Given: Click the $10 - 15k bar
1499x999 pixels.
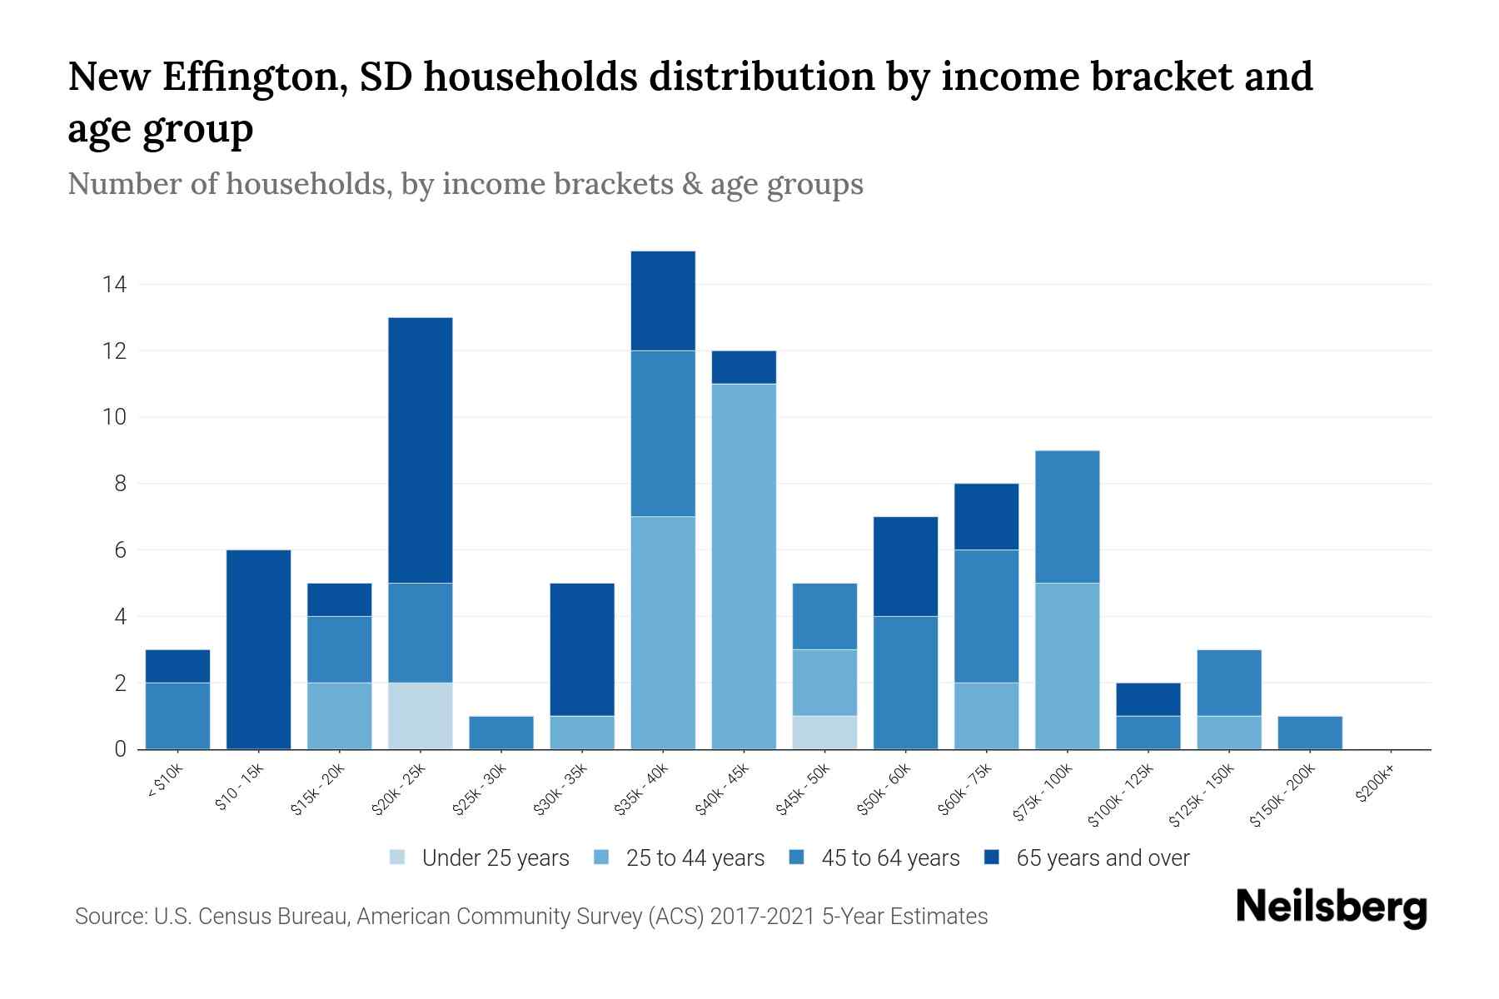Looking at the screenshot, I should (x=258, y=649).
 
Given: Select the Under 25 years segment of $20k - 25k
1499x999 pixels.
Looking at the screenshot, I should (x=420, y=716).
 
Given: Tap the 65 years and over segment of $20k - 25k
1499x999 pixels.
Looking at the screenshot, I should (x=420, y=450).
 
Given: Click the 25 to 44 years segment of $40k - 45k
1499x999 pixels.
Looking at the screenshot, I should (x=744, y=566).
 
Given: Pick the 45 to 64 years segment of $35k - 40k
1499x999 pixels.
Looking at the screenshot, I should (x=663, y=434).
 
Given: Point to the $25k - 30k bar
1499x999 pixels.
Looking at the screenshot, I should (x=500, y=733).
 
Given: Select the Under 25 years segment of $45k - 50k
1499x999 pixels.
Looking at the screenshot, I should (x=824, y=733).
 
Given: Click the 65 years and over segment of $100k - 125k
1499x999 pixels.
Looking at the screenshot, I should (x=1148, y=699).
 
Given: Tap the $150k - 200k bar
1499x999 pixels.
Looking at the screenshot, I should (x=1310, y=733).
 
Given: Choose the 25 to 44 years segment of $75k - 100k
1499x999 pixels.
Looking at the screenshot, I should (x=1067, y=666).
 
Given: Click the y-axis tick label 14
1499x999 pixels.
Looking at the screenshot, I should (x=114, y=285).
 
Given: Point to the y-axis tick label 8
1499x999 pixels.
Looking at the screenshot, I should (x=120, y=484).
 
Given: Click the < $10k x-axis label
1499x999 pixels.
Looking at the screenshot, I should (x=165, y=783).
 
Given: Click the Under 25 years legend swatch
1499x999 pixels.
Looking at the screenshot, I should (x=398, y=857).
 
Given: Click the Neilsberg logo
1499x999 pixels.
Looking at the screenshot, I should (x=1331, y=907).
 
